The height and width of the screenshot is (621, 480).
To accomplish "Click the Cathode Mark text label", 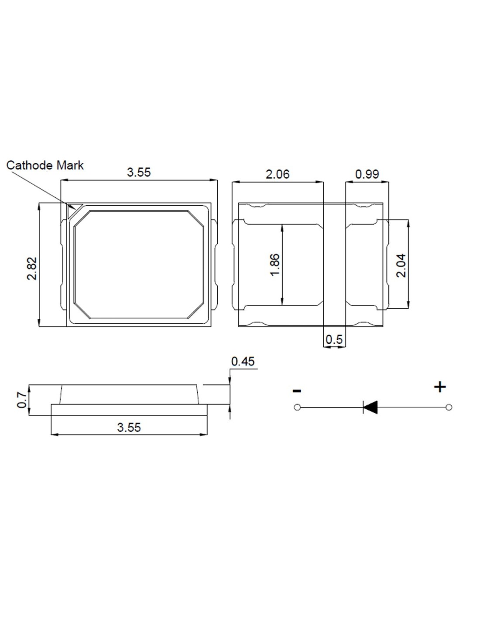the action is (x=45, y=165).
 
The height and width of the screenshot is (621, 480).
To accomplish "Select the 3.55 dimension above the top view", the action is (x=139, y=172).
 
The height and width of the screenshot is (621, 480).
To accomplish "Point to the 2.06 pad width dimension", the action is (x=277, y=174).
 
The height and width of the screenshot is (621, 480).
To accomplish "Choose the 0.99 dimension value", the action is (x=367, y=174).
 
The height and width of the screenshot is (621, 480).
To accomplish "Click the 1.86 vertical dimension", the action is (x=274, y=266).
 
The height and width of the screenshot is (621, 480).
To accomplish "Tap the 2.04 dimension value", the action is (x=401, y=265).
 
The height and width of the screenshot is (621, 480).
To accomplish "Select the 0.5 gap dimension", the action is (x=334, y=339).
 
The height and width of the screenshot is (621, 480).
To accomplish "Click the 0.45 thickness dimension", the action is (x=243, y=362).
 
